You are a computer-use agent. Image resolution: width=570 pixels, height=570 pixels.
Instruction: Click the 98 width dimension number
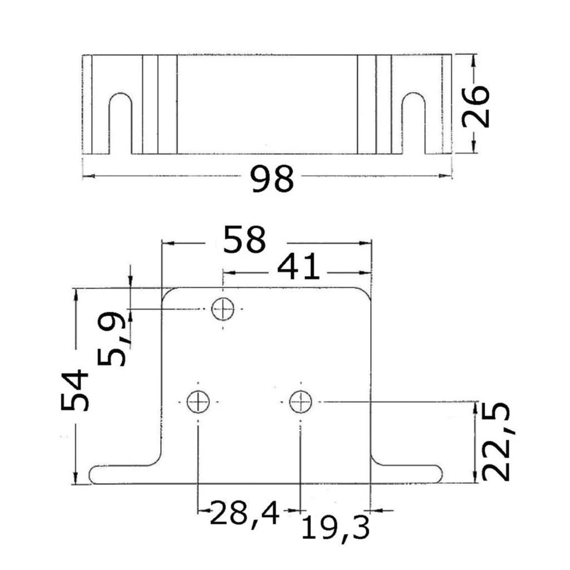click(272, 179)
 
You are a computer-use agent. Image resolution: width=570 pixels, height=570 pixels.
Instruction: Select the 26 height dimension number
click(476, 106)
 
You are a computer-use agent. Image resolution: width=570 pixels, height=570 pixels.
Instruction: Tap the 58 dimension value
click(244, 239)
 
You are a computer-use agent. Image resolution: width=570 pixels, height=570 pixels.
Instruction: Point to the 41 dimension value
click(299, 267)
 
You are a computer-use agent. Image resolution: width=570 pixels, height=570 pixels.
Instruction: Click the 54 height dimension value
click(75, 390)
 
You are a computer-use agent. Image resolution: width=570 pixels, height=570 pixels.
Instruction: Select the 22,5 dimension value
click(497, 441)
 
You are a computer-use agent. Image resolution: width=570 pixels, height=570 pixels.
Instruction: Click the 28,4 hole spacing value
click(244, 513)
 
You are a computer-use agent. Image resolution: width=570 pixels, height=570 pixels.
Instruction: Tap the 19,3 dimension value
click(335, 528)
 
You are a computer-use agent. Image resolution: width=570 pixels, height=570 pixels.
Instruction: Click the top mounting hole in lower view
click(223, 308)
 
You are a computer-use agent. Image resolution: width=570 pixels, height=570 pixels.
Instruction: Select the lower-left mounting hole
click(198, 402)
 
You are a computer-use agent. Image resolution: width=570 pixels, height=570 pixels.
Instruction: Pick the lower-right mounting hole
click(301, 402)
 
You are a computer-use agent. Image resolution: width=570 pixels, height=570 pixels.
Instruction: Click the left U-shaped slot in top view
click(120, 94)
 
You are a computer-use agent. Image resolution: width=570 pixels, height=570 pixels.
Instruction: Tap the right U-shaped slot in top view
click(414, 94)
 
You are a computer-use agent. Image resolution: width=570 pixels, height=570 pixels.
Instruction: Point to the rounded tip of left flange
click(90, 474)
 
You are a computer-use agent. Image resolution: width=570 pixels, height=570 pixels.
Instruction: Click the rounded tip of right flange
click(441, 474)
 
